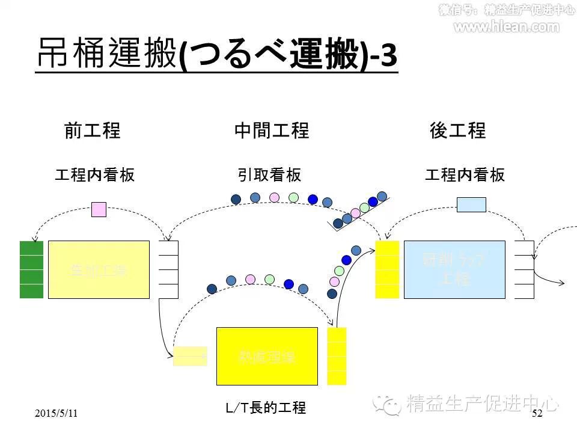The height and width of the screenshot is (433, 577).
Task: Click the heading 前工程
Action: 93,131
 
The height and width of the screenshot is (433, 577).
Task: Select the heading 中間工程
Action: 272,131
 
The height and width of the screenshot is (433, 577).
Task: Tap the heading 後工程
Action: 458,131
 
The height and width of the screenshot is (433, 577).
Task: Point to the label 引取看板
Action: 269,175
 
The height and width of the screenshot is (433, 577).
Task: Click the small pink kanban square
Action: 99,209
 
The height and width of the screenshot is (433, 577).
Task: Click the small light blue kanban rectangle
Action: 471,205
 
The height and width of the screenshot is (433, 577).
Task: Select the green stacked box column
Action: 31,269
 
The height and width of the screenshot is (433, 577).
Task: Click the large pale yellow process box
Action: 99,269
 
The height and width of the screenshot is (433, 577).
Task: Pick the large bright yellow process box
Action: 267,356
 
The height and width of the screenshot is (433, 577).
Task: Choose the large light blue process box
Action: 454,269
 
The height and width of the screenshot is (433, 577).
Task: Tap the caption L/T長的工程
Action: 266,408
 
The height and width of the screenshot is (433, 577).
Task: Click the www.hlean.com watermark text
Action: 506,26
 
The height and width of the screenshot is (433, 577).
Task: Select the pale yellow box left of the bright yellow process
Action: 190,356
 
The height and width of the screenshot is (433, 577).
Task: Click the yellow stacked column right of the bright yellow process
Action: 337,356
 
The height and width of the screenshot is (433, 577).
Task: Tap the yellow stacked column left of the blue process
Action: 387,269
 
